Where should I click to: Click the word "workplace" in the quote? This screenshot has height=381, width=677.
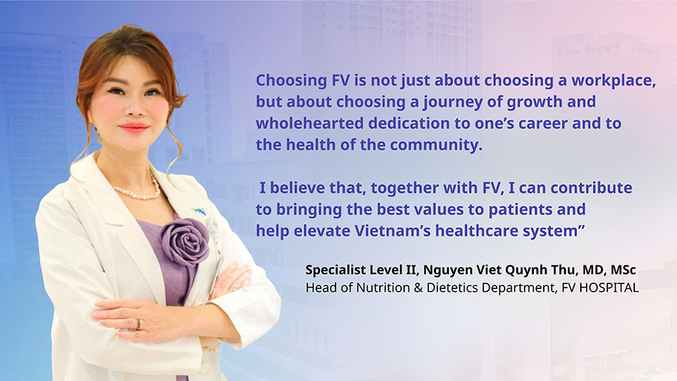point(614,81)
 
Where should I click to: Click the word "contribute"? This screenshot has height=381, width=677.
point(591,188)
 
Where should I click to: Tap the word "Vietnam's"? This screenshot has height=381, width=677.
point(393,231)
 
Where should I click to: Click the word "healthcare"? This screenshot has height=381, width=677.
point(476,231)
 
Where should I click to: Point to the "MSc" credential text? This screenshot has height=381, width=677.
point(624,270)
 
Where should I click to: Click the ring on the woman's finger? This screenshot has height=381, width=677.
point(138,324)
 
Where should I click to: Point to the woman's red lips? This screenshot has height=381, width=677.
point(133,128)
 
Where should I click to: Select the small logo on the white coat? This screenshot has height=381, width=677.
point(200,210)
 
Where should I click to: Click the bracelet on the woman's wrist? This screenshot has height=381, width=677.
point(212,346)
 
